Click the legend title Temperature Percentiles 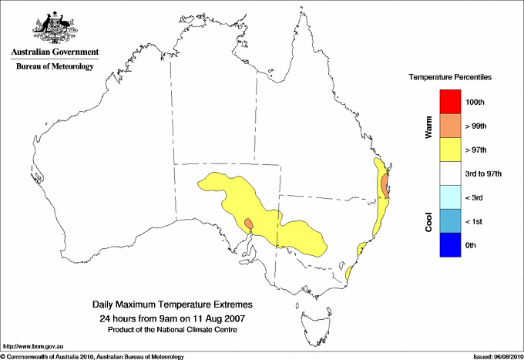[450, 78]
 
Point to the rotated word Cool [428, 221]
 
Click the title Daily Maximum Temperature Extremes [172, 304]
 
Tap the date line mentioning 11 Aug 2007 [172, 318]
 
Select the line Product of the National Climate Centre [172, 329]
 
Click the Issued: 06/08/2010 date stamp [496, 356]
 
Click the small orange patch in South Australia [248, 224]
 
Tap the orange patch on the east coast [385, 185]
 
